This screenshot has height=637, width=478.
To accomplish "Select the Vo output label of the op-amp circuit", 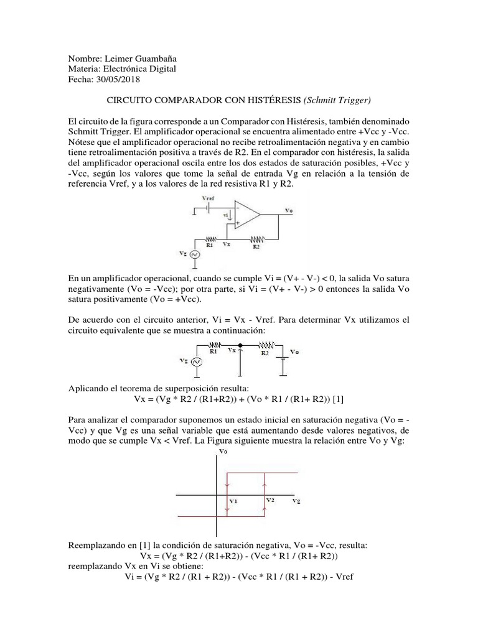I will coord(288,211).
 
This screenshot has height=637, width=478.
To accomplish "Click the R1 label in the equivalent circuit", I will coord(213,351).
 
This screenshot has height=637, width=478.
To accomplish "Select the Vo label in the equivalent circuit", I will coord(296,351).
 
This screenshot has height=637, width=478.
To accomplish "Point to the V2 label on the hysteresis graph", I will coord(269,499).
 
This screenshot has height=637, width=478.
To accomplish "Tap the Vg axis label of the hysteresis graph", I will coord(298,499).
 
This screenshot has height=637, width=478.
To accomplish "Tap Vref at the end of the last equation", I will coord(343,577).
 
